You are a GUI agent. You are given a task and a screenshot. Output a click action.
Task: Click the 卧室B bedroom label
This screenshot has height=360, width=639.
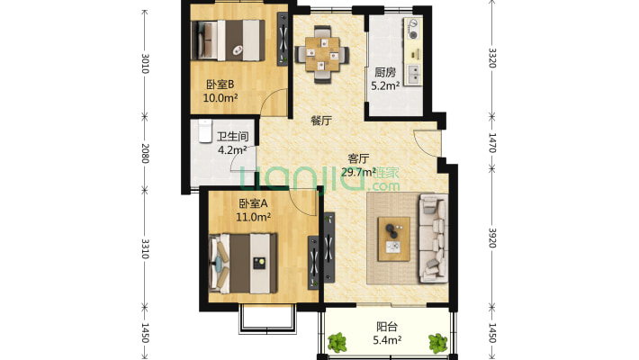tap(220, 85)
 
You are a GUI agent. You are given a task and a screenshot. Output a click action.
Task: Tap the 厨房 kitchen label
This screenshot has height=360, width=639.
tap(385, 73)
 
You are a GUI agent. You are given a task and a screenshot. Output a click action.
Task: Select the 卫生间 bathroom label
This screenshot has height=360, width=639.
tap(232, 136)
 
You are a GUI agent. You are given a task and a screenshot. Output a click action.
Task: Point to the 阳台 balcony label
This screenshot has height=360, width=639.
tap(387, 327)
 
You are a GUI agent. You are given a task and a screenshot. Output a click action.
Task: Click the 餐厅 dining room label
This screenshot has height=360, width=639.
tap(321, 121)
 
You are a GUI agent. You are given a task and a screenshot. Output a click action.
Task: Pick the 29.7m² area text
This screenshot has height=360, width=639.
tap(358, 172)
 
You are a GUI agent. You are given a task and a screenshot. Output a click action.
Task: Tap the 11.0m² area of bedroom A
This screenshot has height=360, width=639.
tap(254, 217)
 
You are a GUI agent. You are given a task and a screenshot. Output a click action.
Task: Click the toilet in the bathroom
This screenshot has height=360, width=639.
tap(205, 130)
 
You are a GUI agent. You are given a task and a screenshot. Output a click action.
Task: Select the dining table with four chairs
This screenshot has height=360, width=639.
tap(322, 54)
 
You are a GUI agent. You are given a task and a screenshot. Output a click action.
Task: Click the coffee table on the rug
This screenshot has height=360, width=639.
tap(393, 238)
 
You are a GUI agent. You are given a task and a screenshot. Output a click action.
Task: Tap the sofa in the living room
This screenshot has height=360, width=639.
tap(434, 238)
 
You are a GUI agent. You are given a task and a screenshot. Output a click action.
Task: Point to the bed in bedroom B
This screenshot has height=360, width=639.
tap(229, 40)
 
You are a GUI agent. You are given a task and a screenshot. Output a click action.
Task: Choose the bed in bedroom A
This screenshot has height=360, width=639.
tap(243, 263)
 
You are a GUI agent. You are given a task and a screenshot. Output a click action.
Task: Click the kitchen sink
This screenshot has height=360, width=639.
tap(414, 74)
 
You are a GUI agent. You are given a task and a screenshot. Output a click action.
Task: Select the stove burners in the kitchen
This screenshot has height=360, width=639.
tap(413, 30)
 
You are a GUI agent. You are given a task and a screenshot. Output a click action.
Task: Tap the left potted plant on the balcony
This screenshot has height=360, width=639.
tap(337, 342)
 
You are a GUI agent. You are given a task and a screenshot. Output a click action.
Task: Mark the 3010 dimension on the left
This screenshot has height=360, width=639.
tap(145, 64)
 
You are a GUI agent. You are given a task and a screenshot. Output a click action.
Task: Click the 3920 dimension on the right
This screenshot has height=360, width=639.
tap(492, 238)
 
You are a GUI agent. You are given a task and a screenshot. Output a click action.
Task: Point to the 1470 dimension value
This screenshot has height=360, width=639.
tap(492, 143)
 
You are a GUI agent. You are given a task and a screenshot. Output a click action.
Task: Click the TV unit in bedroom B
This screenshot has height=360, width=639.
tap(283, 39)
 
